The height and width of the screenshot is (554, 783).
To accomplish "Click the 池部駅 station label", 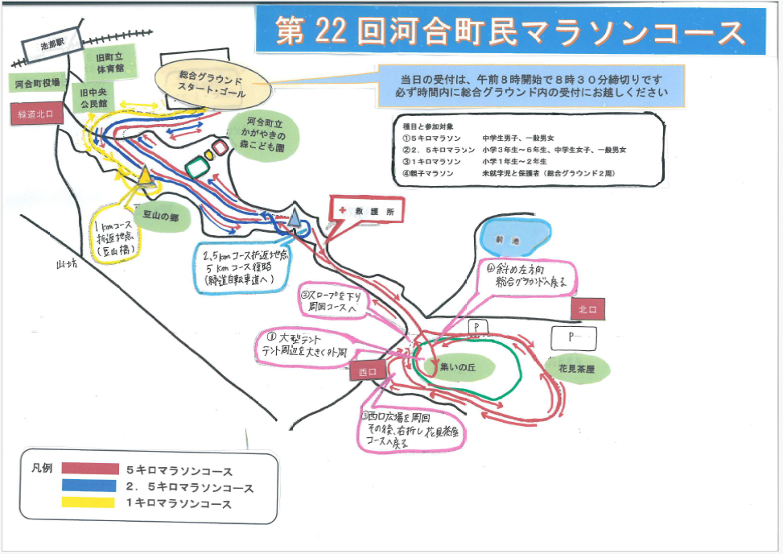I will pos(55,47).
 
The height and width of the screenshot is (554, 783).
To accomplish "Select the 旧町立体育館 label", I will pos(106,63).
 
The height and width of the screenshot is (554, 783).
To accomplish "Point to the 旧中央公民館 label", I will pos(93,99).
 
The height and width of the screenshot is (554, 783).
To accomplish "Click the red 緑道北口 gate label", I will pos(35,114).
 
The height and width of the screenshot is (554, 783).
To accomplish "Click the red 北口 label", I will pos(590,309).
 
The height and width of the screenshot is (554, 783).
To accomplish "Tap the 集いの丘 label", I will pos(458,366).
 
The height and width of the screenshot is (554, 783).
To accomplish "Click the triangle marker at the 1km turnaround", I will pos(145,177).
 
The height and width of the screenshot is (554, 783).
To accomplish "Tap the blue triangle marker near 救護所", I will pos(295,217).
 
